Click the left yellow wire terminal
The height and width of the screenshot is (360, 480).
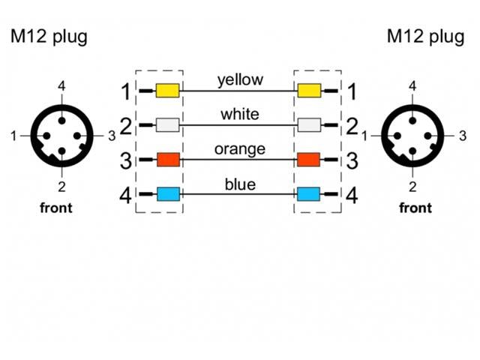(167, 91)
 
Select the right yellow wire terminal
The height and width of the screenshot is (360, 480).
(309, 91)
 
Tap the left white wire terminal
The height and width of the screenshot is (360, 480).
(167, 126)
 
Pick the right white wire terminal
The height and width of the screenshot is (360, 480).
(309, 126)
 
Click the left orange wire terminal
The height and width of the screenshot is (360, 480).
(167, 160)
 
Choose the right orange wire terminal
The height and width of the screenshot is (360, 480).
(309, 160)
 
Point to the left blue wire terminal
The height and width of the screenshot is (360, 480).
(167, 194)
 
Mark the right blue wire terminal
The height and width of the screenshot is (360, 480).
(309, 194)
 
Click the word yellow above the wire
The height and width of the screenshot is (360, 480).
(240, 80)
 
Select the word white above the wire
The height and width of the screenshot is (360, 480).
(240, 114)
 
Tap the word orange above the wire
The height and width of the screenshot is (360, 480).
(240, 148)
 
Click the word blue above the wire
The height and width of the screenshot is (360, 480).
(240, 184)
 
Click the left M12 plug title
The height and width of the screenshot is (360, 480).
(48, 37)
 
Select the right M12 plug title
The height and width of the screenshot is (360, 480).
(425, 37)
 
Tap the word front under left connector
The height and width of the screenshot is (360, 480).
(55, 208)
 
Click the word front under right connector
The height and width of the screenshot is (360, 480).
(415, 208)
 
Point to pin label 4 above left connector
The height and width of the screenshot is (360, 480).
(61, 86)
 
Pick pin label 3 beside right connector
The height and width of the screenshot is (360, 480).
(463, 136)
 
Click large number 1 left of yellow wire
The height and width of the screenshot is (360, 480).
(126, 92)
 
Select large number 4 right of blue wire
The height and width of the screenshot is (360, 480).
(351, 196)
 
